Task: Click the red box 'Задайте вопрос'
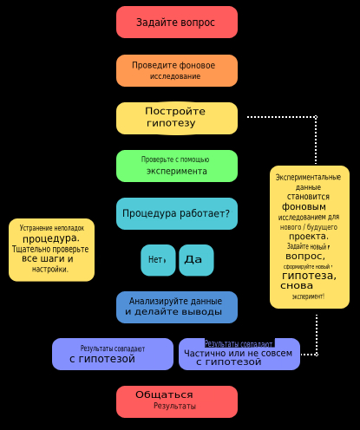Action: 177,23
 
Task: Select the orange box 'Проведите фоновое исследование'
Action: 177,71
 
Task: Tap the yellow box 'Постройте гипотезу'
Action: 177,118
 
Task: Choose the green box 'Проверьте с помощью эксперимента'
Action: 177,166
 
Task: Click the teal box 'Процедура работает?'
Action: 177,213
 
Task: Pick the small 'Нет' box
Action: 158,260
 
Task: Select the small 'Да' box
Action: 196,260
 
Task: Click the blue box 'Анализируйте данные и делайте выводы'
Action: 177,307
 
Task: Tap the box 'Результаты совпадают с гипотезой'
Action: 113,354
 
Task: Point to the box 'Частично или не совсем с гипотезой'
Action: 239,355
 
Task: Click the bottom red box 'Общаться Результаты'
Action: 177,401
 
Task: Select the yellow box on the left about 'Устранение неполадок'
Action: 51,250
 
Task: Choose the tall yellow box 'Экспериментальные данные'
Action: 310,237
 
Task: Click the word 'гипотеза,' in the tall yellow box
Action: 309,276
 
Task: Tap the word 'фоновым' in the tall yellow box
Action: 304,207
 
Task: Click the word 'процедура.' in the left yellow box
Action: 51,238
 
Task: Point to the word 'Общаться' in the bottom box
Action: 164,395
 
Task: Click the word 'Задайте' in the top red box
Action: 154,23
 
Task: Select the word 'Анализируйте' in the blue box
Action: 157,301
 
